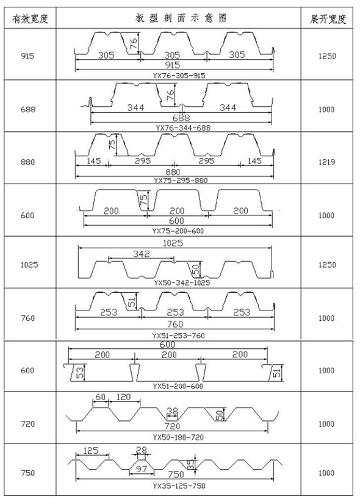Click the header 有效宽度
[30, 18]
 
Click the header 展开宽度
[327, 18]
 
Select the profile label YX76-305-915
[179, 76]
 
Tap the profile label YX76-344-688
[183, 127]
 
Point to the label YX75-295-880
[181, 181]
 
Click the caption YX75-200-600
[178, 231]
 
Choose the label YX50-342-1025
[182, 282]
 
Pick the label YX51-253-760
[178, 335]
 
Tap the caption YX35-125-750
[179, 486]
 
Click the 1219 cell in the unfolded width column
[326, 162]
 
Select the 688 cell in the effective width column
[28, 110]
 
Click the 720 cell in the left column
[27, 424]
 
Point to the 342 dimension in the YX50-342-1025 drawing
[141, 254]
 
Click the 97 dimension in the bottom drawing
[141, 469]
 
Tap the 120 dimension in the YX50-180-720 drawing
[123, 397]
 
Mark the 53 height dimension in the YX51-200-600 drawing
[80, 373]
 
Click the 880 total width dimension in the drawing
[173, 172]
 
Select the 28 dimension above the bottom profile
[141, 450]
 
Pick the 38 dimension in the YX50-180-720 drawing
[172, 411]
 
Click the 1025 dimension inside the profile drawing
[173, 243]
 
